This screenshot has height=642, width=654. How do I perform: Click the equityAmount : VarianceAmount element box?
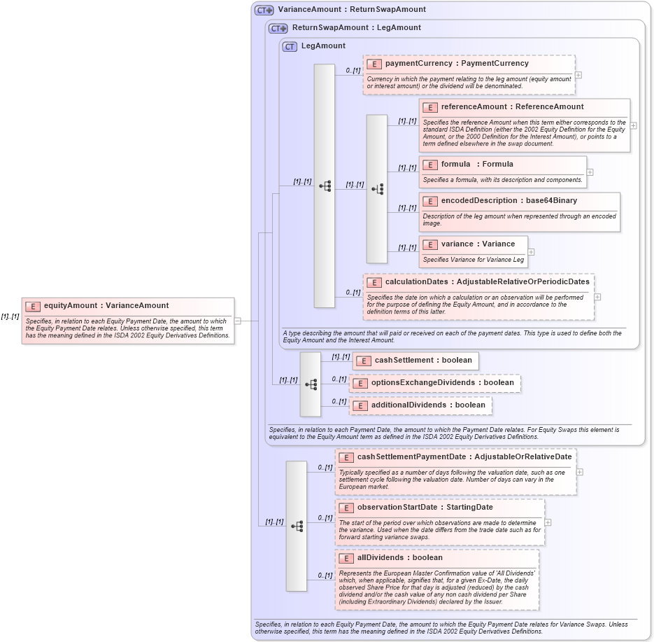[x=106, y=305]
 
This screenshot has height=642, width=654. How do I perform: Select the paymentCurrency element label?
[x=457, y=64]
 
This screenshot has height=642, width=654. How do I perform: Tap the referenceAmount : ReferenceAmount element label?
[x=512, y=107]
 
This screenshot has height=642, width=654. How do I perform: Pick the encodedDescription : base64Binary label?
[x=509, y=201]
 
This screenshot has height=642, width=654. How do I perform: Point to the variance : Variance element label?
[x=478, y=244]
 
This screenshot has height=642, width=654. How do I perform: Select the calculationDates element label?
[x=487, y=282]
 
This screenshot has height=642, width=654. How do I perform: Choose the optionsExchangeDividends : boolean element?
[x=442, y=383]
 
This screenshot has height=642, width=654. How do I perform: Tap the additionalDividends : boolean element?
[x=427, y=405]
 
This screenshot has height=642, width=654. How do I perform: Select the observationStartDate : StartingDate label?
[x=425, y=508]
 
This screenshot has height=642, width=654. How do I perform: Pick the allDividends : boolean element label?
[x=399, y=558]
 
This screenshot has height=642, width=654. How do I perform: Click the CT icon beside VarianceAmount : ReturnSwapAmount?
[x=264, y=10]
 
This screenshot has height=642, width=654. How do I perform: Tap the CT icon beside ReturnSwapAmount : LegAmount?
[x=278, y=28]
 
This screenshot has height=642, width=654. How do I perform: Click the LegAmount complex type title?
[x=322, y=46]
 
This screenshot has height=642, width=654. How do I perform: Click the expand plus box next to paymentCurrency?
[x=578, y=74]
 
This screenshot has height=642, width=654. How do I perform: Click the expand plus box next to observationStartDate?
[x=548, y=522]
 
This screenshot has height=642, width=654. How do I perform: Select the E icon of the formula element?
[x=430, y=165]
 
